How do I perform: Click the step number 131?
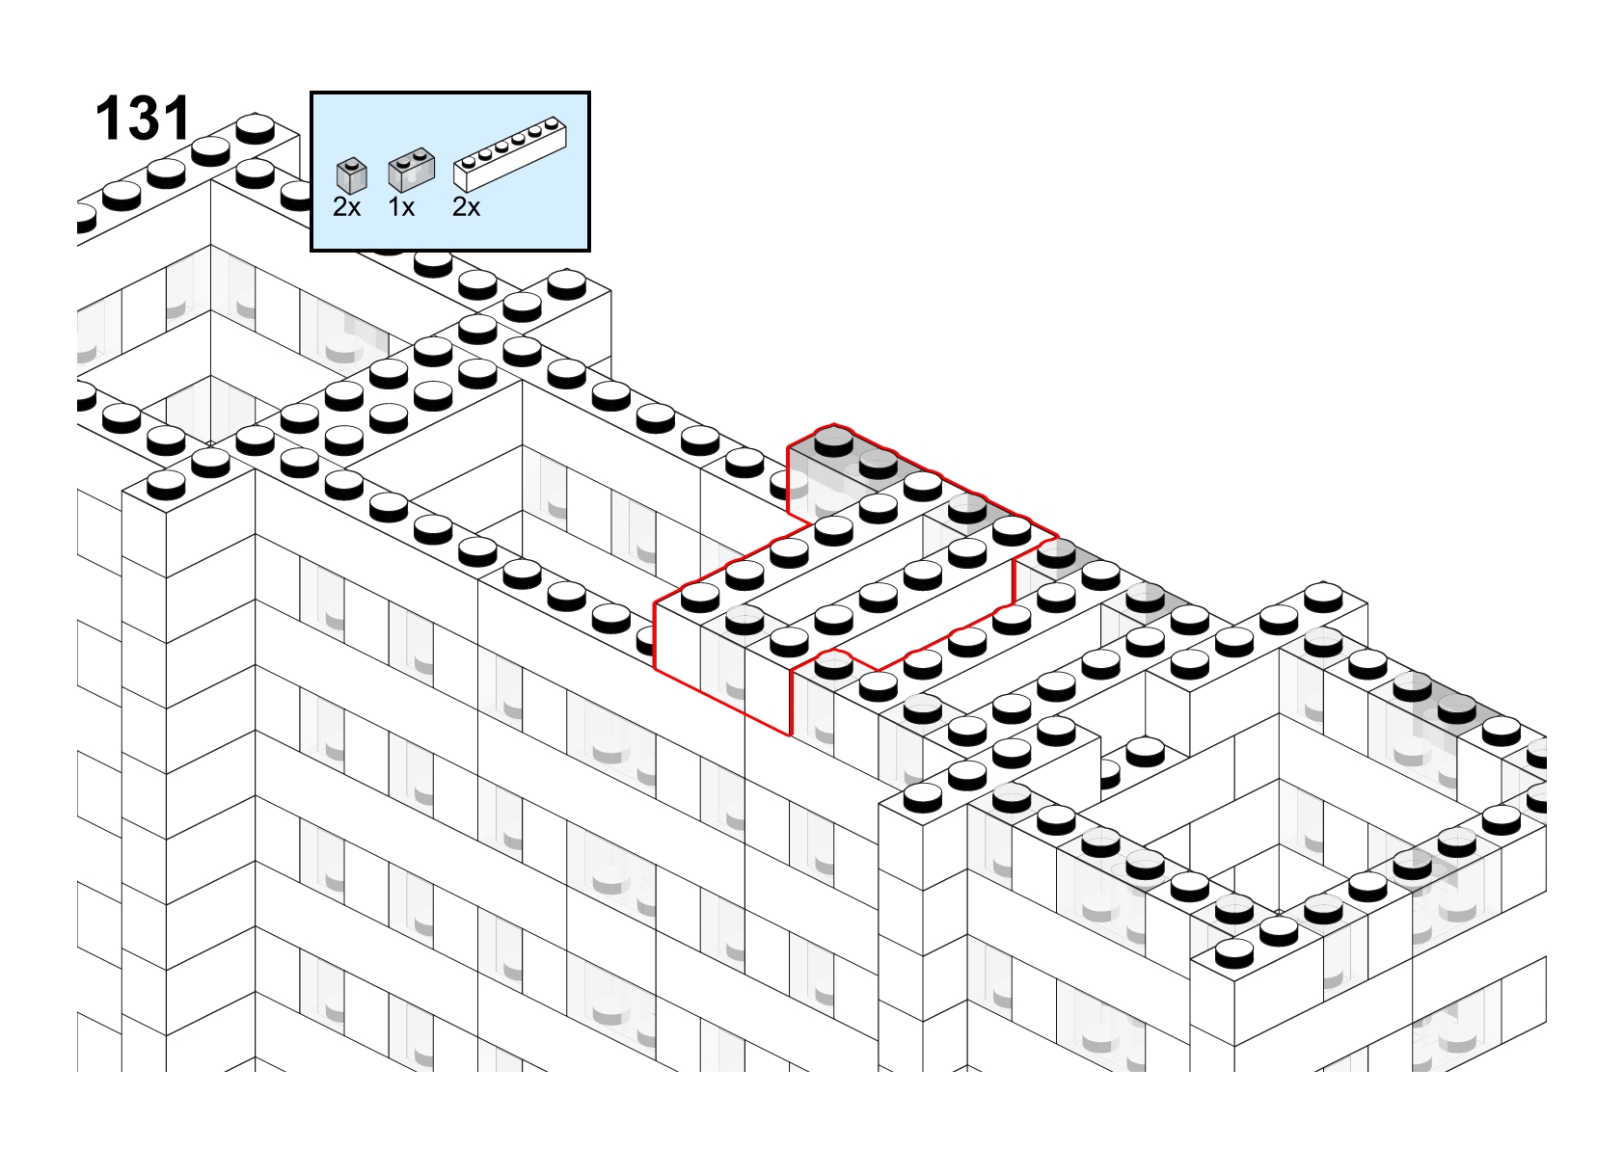[143, 118]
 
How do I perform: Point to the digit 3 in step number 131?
[143, 118]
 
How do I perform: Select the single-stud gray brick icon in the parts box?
[352, 175]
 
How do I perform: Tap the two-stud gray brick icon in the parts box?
[411, 170]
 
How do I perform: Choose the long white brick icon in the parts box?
[510, 153]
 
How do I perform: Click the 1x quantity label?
[401, 207]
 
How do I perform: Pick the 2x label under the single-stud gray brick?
[346, 207]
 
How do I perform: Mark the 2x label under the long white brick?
[466, 207]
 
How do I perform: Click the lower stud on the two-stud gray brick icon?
[404, 162]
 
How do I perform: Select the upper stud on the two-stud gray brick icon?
[420, 153]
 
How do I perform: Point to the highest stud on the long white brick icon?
[553, 121]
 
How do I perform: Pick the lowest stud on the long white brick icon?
[469, 161]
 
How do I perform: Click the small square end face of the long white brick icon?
[461, 178]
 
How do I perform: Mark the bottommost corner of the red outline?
[790, 735]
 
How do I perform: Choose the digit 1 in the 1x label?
[393, 207]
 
